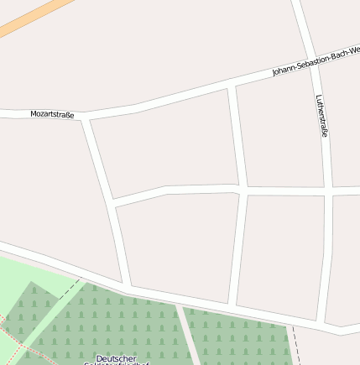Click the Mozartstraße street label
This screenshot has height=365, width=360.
tap(52, 113)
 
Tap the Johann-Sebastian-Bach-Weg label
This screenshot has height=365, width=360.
tap(315, 61)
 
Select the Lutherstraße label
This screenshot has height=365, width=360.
tap(322, 115)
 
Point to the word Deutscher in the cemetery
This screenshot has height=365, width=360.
tap(116, 358)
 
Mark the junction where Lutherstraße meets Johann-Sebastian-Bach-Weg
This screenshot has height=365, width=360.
tap(310, 57)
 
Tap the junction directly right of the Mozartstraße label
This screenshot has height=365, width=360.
tap(84, 118)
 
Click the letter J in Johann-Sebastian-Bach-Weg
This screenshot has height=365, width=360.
tap(274, 75)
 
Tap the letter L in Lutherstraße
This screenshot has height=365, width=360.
tap(319, 96)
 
